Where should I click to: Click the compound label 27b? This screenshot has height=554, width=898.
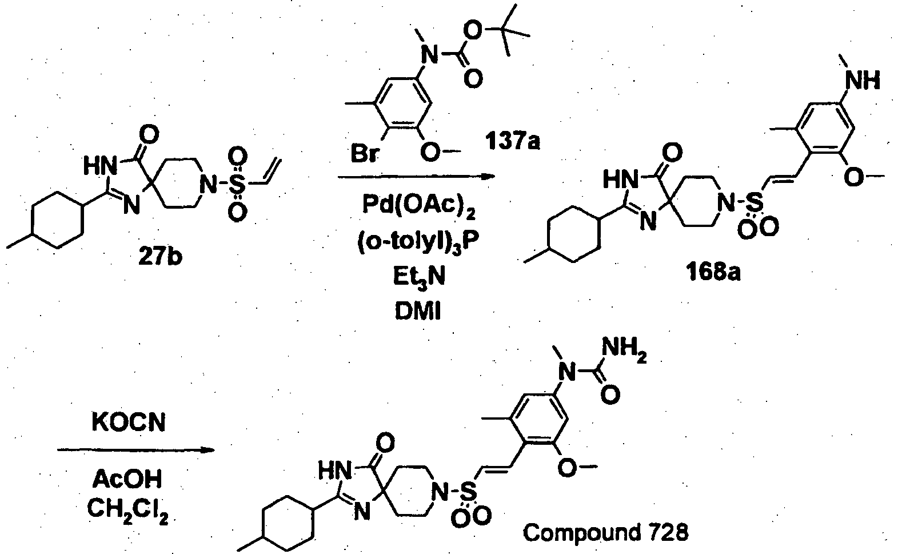pyautogui.click(x=161, y=257)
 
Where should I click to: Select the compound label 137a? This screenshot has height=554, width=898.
pyautogui.click(x=512, y=141)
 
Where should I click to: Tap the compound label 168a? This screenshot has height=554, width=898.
pyautogui.click(x=713, y=272)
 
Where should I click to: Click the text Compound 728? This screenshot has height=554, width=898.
pyautogui.click(x=606, y=533)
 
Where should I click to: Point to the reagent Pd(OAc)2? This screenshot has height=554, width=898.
pyautogui.click(x=419, y=206)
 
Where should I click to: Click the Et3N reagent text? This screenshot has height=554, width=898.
pyautogui.click(x=419, y=276)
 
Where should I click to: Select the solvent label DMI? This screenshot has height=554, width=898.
pyautogui.click(x=418, y=310)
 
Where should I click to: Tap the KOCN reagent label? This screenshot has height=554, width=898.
pyautogui.click(x=129, y=423)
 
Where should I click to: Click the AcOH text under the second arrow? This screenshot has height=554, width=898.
pyautogui.click(x=127, y=479)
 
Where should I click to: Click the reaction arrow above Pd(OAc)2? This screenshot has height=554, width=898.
pyautogui.click(x=417, y=177)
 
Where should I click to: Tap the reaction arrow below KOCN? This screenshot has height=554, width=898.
pyautogui.click(x=135, y=450)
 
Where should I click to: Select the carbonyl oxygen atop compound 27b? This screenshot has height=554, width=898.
pyautogui.click(x=150, y=135)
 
